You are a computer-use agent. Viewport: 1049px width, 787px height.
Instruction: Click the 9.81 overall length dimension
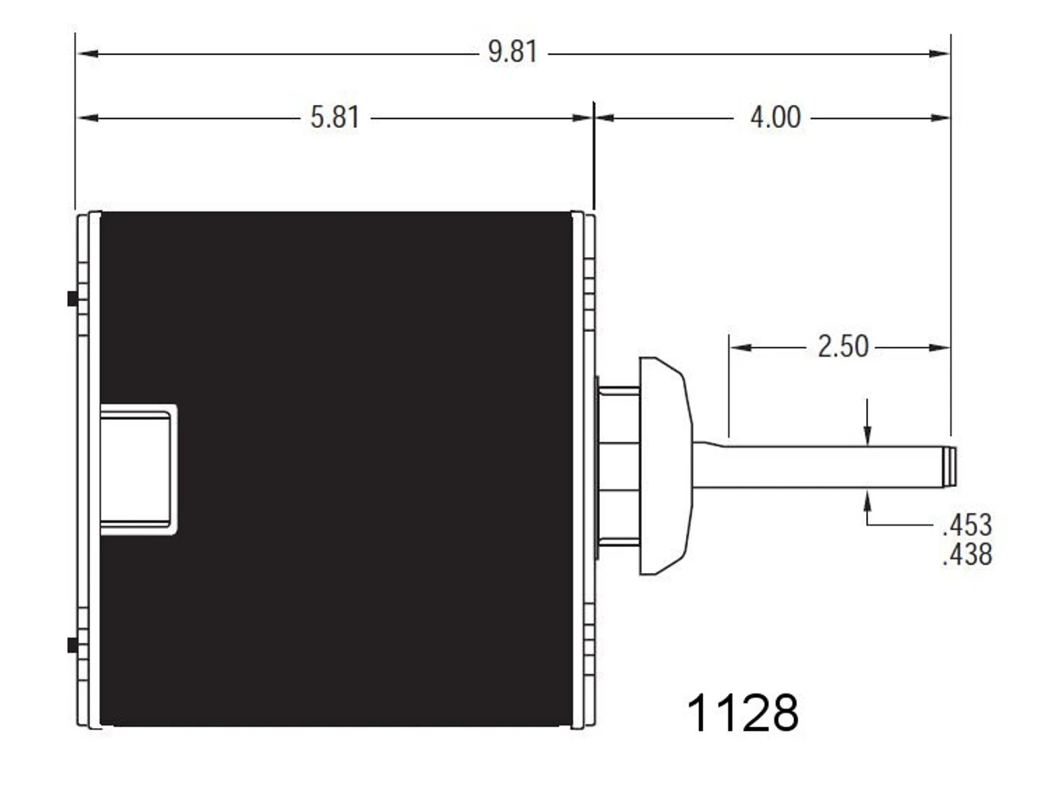click(x=512, y=52)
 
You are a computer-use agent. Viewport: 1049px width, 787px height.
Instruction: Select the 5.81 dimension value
click(x=334, y=117)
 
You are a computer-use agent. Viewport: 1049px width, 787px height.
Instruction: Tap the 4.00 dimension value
click(x=774, y=117)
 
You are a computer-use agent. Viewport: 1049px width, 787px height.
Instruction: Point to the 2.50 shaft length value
click(x=842, y=347)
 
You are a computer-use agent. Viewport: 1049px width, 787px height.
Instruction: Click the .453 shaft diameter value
click(x=967, y=525)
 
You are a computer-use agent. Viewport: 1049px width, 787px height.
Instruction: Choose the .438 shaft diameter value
click(x=967, y=555)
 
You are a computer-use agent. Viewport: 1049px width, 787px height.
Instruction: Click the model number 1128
click(x=742, y=712)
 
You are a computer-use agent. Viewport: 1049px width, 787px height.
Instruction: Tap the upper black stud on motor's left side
click(x=72, y=299)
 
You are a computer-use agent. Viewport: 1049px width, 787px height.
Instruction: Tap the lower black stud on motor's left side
click(x=72, y=645)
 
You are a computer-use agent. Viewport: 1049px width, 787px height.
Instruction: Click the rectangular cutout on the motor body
click(x=137, y=470)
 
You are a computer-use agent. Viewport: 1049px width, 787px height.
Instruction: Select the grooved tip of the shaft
click(x=950, y=466)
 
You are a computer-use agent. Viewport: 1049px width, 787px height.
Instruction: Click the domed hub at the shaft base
click(x=664, y=466)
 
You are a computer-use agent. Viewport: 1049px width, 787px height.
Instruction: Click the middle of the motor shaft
click(x=820, y=466)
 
